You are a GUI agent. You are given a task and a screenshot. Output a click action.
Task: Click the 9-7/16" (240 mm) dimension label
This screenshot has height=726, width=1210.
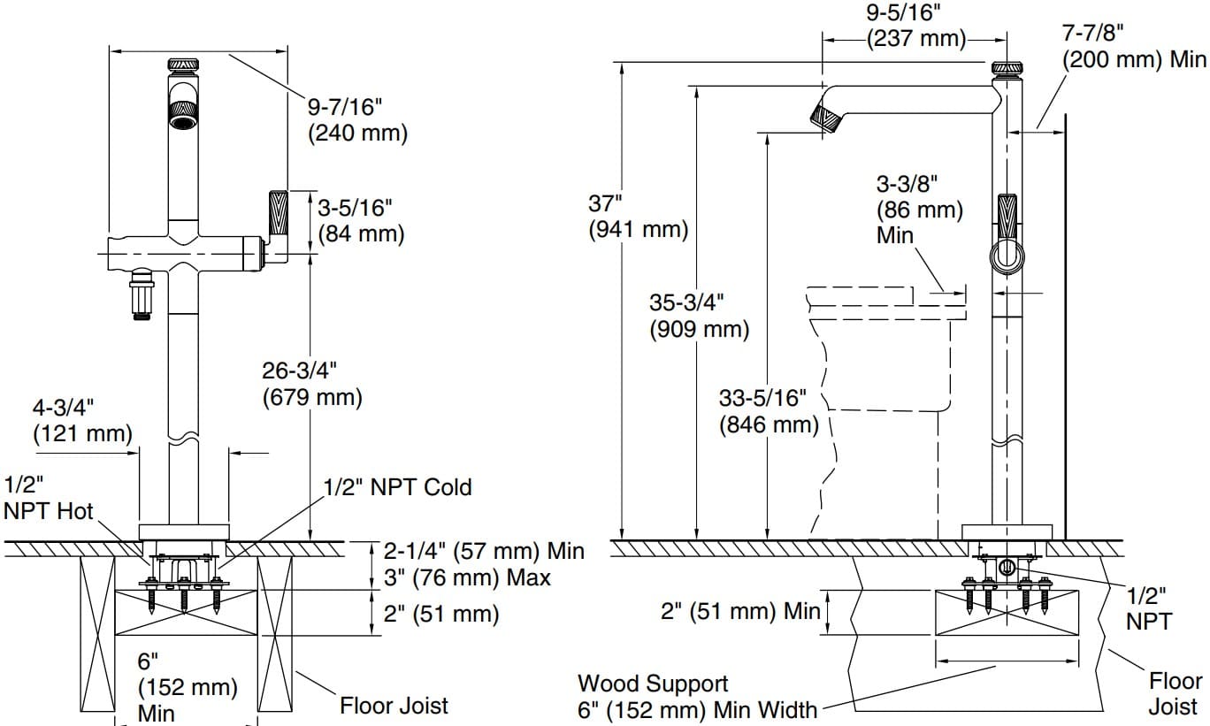point(357,120)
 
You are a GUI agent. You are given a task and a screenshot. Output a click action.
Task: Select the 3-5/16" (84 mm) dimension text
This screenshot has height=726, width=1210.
point(360,221)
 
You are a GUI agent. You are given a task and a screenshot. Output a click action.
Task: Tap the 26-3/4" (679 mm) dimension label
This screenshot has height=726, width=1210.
point(312,384)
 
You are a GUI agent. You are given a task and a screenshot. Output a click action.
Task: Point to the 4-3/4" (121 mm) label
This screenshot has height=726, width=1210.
point(81,420)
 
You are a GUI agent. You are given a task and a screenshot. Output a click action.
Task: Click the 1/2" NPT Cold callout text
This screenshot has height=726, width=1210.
point(397,487)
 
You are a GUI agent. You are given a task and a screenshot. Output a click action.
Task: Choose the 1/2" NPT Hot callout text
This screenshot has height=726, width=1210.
point(48,498)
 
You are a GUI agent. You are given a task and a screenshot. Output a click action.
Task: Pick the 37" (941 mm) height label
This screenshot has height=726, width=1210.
point(638,217)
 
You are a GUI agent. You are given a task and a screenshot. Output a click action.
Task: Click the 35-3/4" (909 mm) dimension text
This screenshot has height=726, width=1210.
point(699,316)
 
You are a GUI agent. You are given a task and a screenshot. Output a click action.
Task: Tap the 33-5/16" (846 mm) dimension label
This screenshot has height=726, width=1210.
point(768,412)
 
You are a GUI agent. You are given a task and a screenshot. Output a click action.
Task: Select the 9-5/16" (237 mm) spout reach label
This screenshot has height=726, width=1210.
point(916,26)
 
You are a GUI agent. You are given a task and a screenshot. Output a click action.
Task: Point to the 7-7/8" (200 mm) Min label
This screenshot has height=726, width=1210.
point(1133,47)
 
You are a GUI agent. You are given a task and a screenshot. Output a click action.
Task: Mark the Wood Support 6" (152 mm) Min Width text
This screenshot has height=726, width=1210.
point(697,697)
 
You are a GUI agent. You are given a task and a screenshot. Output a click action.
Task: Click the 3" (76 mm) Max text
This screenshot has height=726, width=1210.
point(466,577)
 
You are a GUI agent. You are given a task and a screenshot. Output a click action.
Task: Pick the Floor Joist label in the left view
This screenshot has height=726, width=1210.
point(394,706)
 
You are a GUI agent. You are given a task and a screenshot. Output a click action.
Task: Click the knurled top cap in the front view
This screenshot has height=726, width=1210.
point(183,65)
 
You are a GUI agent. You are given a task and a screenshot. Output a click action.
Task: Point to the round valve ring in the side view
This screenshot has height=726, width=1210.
point(1006,258)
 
